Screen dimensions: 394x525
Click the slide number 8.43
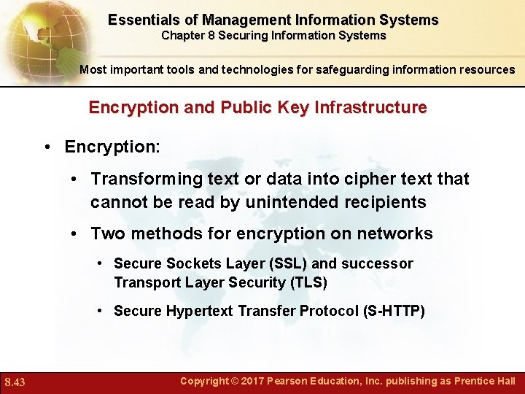point(15,382)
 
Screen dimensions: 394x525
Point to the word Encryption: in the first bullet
point(112,147)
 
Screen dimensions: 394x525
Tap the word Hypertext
point(196,311)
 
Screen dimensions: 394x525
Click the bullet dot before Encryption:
point(46,147)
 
